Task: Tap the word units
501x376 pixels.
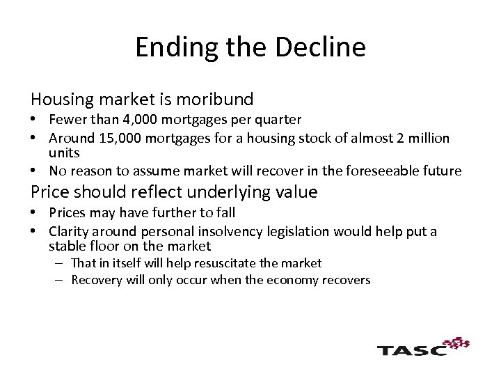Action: click(x=64, y=152)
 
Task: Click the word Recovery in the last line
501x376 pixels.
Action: click(x=97, y=280)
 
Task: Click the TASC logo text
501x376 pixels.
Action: click(x=411, y=350)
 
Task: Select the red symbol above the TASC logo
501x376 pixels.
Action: click(x=457, y=343)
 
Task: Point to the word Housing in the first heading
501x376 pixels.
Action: click(x=56, y=100)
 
